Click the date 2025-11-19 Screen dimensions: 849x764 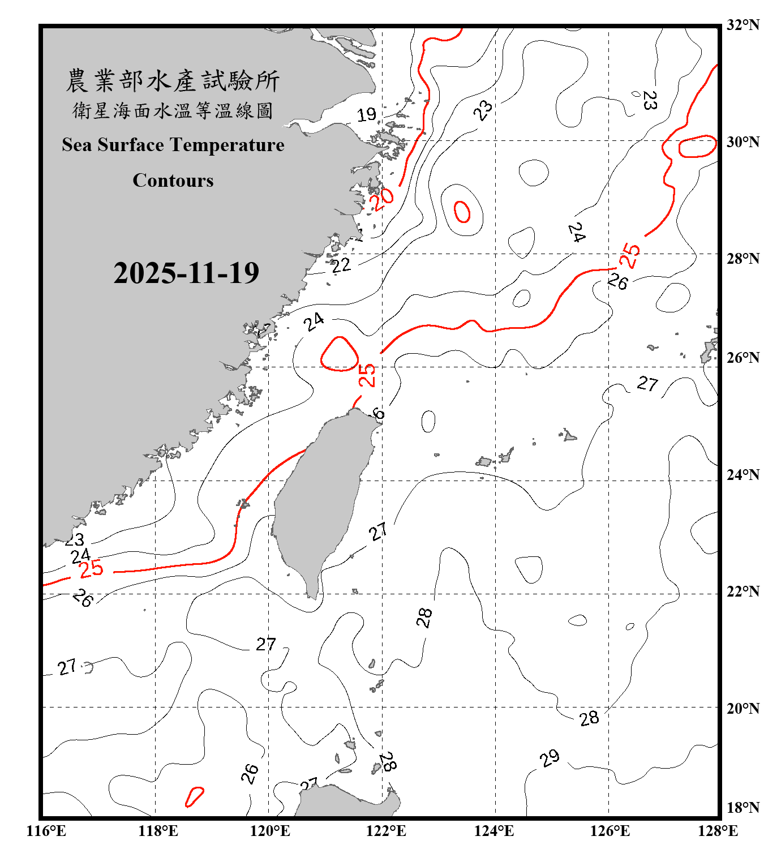click(186, 273)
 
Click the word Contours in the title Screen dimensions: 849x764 click(173, 180)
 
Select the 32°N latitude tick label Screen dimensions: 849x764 click(742, 25)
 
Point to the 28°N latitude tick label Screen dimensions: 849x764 click(742, 259)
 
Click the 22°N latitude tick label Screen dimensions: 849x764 click(742, 591)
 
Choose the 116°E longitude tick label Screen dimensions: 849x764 click(46, 831)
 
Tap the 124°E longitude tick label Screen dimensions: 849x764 click(494, 831)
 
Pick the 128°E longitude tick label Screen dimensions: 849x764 click(718, 831)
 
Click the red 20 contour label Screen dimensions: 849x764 click(381, 199)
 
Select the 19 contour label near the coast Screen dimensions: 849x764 click(366, 115)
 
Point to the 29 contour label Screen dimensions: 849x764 click(550, 758)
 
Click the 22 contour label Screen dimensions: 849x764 click(341, 265)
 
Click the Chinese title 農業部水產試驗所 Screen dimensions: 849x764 click(173, 81)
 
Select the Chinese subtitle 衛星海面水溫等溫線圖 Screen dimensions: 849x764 click(173, 110)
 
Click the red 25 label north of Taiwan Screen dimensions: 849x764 click(367, 375)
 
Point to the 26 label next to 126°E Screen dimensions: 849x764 click(617, 281)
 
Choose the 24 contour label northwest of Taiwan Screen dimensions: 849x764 click(314, 322)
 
